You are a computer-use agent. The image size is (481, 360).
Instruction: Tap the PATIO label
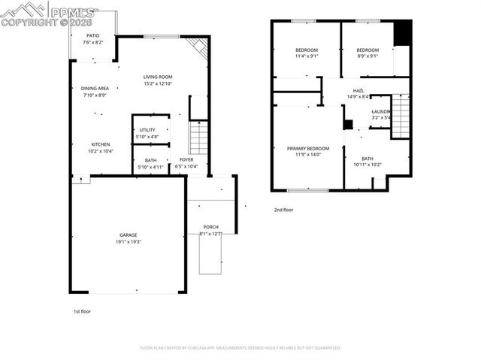[92, 35]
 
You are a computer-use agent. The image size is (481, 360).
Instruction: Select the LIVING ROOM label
[159, 77]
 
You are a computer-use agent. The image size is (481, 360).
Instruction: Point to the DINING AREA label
[95, 88]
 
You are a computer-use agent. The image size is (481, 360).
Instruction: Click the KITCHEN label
[101, 144]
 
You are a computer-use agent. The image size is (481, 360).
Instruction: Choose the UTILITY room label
[147, 130]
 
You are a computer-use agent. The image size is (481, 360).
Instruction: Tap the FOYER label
[186, 159]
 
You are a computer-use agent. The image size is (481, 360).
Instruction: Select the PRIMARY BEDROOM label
[308, 148]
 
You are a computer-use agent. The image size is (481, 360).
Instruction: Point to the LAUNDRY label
[380, 111]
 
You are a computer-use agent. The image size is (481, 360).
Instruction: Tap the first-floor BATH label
[150, 159]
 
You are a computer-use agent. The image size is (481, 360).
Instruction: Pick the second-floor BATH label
[367, 159]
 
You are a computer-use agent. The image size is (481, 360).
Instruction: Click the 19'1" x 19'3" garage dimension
[129, 242]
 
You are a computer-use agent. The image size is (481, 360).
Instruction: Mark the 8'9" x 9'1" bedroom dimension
[367, 56]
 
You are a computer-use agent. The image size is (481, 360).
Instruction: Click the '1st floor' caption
[81, 310]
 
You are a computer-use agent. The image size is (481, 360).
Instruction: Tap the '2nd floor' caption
[283, 210]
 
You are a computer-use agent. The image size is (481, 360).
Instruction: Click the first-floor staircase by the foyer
[197, 138]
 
